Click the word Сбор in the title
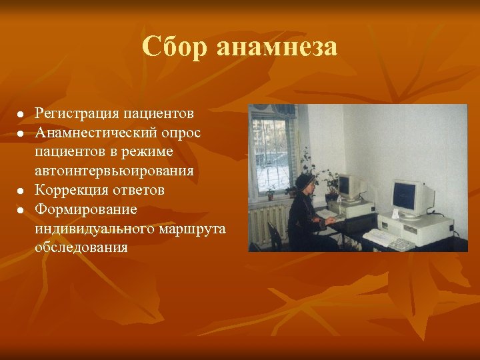click(x=174, y=47)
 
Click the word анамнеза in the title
click(x=277, y=47)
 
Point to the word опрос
click(x=182, y=132)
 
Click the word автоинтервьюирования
click(x=115, y=171)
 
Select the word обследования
click(x=81, y=247)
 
